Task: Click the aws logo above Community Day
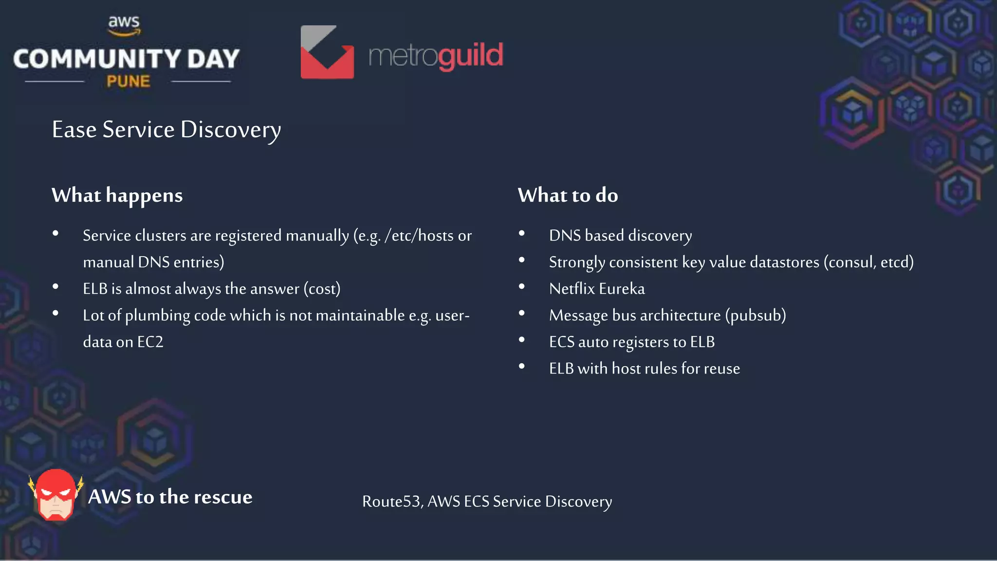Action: [124, 25]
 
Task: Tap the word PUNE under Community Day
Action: [128, 81]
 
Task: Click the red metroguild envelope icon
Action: [327, 53]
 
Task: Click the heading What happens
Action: [117, 196]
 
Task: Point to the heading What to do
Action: [568, 196]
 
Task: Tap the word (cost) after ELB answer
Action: [322, 289]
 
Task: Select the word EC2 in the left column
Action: [150, 342]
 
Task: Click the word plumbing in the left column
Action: [158, 316]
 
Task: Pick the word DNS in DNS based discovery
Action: [565, 236]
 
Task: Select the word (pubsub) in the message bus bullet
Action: [756, 316]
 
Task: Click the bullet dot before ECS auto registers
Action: [522, 339]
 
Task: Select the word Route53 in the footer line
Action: [392, 502]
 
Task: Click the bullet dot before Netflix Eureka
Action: [522, 286]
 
